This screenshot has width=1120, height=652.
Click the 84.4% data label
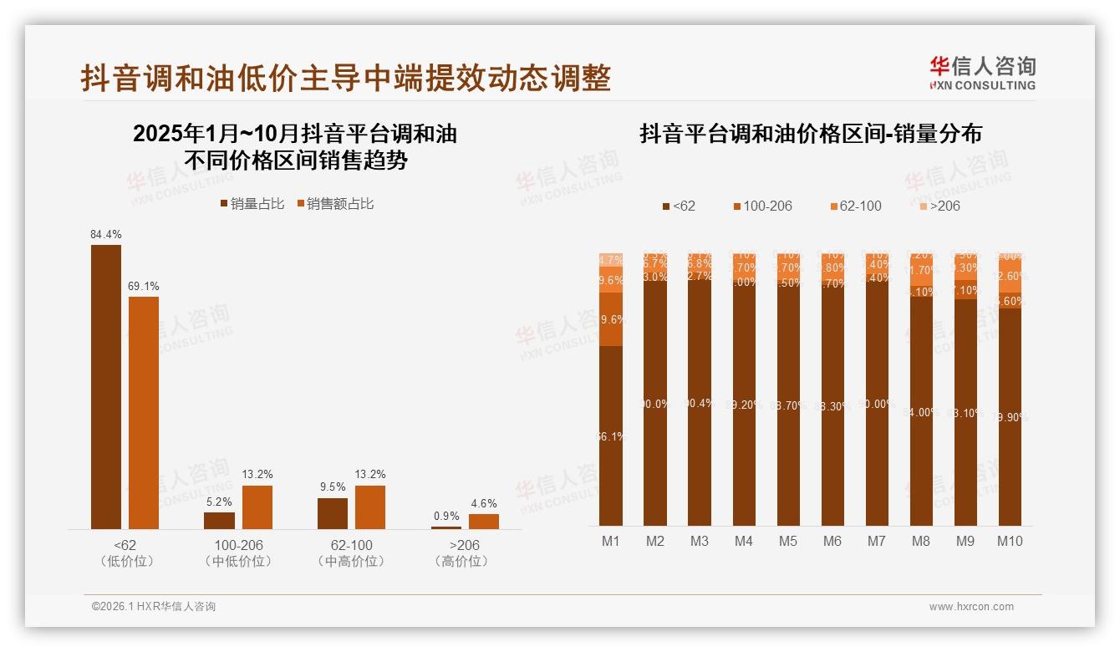106,235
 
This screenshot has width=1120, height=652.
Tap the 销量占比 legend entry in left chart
252,203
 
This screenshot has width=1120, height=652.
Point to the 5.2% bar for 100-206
219,520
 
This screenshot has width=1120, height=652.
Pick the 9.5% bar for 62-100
333,513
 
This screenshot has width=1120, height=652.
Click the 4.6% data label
483,503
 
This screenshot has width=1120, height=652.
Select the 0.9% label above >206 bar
446,516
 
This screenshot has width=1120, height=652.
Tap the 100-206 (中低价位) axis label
238,553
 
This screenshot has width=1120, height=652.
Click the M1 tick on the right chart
611,541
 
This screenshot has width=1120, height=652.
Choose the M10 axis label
1010,541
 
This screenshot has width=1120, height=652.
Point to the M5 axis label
788,541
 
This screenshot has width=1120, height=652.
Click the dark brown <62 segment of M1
611,435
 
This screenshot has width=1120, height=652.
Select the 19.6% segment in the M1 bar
611,318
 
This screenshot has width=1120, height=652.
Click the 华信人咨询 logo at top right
982,73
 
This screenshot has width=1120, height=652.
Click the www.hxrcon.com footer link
971,607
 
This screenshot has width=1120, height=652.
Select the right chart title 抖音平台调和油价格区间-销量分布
810,135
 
